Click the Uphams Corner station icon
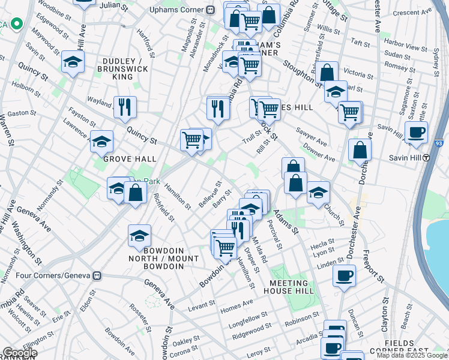tap(210, 10)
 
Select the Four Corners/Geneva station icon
tap(96, 276)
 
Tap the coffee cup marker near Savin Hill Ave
tap(416, 132)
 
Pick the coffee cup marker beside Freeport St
tap(344, 276)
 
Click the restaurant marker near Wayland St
tap(125, 107)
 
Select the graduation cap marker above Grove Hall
tap(101, 142)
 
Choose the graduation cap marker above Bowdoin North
tap(139, 235)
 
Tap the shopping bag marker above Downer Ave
tap(360, 150)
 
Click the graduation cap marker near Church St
tap(318, 193)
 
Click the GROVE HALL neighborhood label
tap(130, 159)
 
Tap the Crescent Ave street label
tap(409, 12)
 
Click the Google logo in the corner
tap(20, 353)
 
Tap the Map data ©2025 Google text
tap(412, 355)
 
